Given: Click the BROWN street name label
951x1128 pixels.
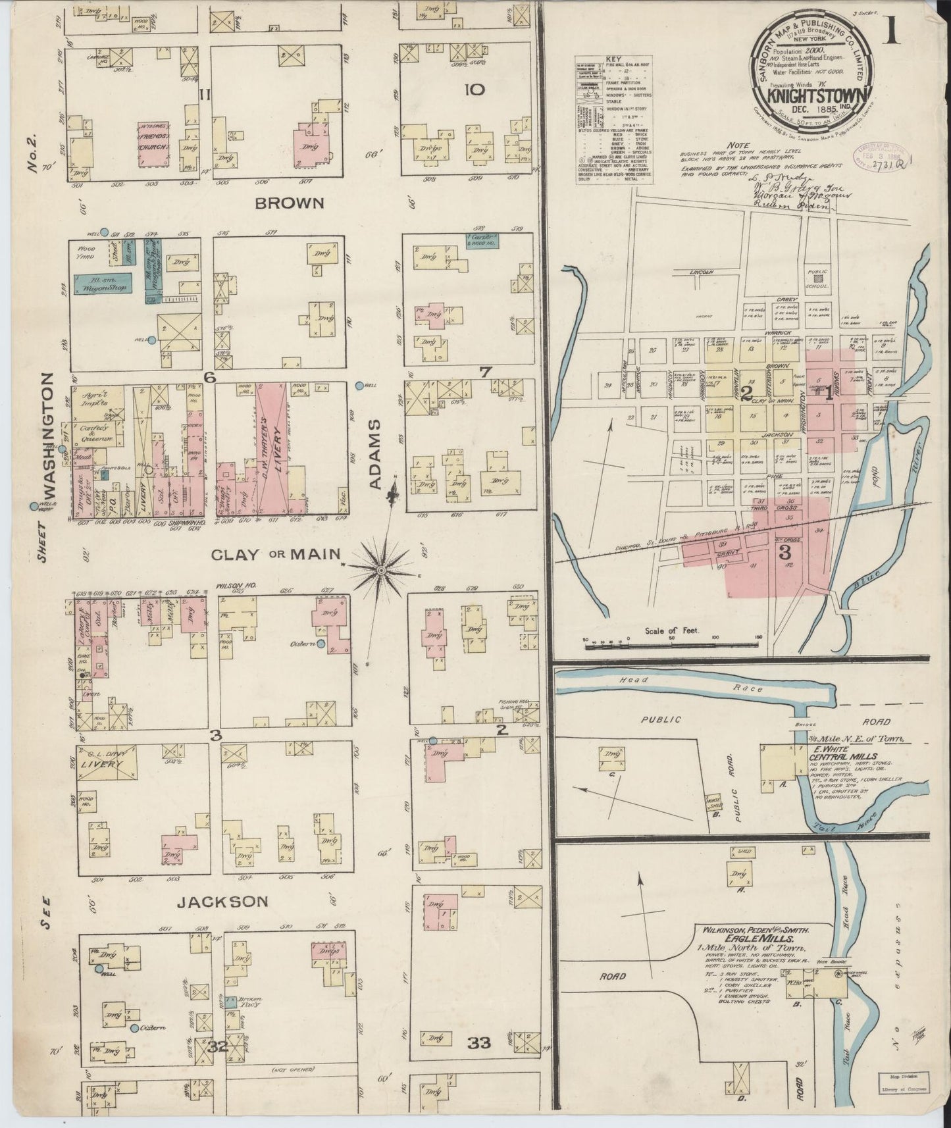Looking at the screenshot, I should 290,203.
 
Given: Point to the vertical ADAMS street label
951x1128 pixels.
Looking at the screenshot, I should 376,455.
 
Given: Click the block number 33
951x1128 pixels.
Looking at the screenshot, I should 480,1042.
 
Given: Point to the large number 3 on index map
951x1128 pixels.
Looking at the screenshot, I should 784,553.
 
